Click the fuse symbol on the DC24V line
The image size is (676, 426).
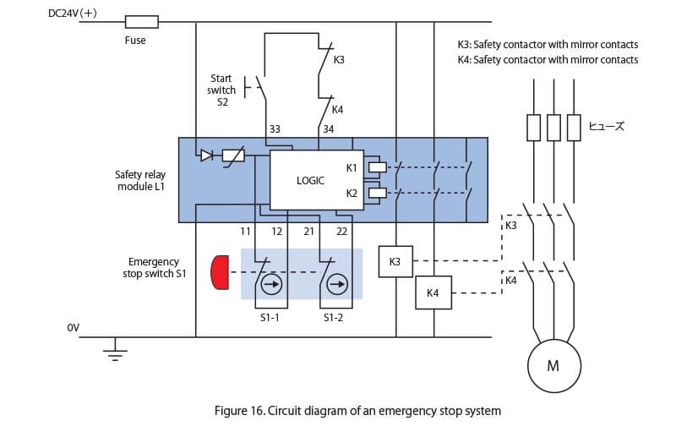click(x=141, y=22)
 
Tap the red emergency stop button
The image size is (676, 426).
click(x=220, y=272)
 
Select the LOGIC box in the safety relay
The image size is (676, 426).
click(x=316, y=180)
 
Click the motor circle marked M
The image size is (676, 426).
click(x=554, y=366)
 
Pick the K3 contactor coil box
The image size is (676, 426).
click(x=395, y=261)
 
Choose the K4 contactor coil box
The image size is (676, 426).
click(x=433, y=292)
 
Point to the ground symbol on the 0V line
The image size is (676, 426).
click(x=115, y=351)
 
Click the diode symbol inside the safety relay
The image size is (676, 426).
click(x=207, y=156)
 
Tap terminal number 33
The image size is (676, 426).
click(x=275, y=129)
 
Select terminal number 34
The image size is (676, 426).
click(x=329, y=129)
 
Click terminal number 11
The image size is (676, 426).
click(x=245, y=232)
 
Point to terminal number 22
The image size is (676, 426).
click(x=342, y=232)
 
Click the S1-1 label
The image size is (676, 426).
click(x=270, y=318)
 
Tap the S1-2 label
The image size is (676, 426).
click(x=333, y=318)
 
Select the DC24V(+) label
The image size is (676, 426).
click(x=73, y=14)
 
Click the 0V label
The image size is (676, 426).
click(x=74, y=328)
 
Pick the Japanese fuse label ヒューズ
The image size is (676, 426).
click(x=606, y=126)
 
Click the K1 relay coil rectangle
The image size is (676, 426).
click(x=378, y=167)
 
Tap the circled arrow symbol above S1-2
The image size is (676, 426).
click(x=337, y=284)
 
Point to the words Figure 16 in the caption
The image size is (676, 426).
click(x=239, y=411)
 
